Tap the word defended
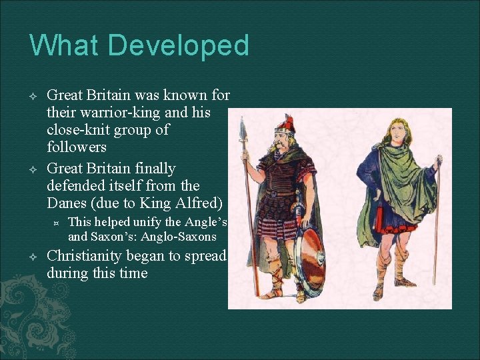(79, 185)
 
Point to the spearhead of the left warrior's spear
(243, 129)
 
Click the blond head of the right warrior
(391, 128)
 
